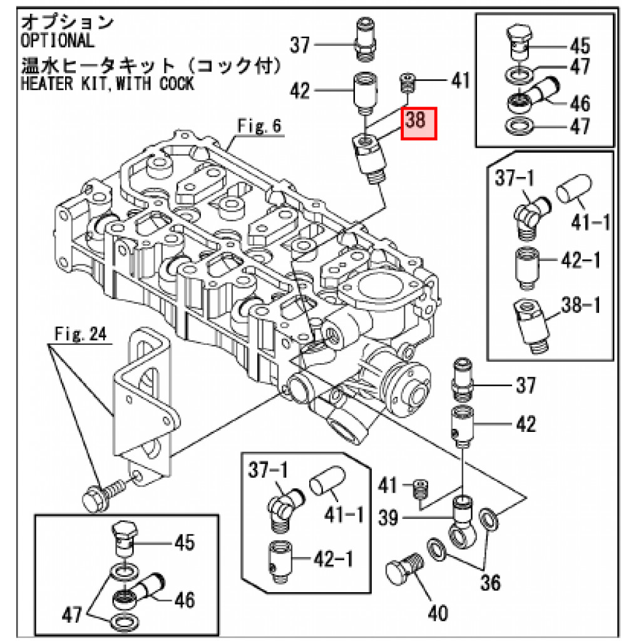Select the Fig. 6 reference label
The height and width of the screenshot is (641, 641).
259,126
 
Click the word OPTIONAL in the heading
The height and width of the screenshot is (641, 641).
58,41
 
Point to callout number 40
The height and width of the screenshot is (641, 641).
439,613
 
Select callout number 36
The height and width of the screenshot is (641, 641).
491,582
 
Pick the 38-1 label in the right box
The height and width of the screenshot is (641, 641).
579,306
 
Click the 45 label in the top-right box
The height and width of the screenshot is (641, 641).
580,45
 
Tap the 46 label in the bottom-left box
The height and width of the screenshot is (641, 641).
184,600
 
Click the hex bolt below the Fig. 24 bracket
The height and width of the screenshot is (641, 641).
95,499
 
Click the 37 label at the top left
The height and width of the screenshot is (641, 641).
300,44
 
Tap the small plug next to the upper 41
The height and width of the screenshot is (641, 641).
408,81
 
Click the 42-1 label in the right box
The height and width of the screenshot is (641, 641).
579,259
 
